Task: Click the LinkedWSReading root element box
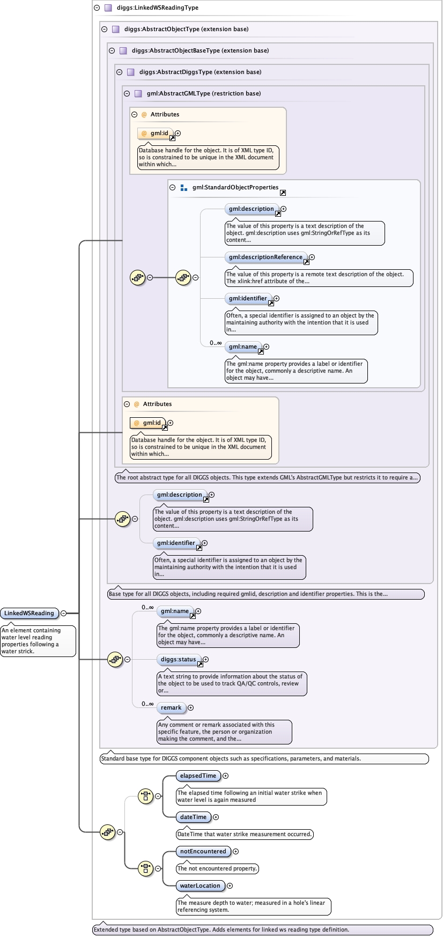click(x=29, y=613)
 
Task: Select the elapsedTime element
click(x=198, y=776)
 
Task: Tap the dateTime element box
click(x=193, y=817)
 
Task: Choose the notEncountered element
click(x=203, y=851)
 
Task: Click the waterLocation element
click(x=200, y=886)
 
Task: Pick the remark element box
click(x=171, y=707)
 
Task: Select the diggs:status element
click(x=178, y=659)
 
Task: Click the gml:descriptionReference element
click(x=265, y=257)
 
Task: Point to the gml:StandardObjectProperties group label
click(x=235, y=187)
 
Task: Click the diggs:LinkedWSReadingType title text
click(x=157, y=8)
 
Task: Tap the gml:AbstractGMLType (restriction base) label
click(x=203, y=93)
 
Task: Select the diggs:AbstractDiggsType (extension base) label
click(x=200, y=72)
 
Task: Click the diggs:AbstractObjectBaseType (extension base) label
click(x=200, y=50)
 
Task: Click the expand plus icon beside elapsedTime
click(x=225, y=776)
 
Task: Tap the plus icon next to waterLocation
click(x=230, y=886)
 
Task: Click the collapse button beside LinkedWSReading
click(x=63, y=613)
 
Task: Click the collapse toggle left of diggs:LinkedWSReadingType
click(x=97, y=8)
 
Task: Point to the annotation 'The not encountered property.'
click(x=217, y=868)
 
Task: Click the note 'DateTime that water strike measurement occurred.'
click(x=244, y=834)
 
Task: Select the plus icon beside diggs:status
click(x=205, y=659)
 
